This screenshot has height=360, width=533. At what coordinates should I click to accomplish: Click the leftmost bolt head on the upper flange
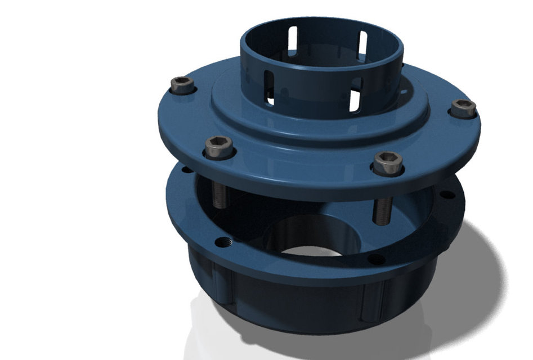coord(182,85)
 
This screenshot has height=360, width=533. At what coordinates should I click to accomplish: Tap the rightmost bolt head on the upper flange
coord(463,107)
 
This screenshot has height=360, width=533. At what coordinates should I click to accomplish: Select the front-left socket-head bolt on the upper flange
coord(219,147)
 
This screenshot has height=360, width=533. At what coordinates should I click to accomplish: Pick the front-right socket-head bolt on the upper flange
coord(388,163)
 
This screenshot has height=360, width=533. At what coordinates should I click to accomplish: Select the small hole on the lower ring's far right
coord(447,195)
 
